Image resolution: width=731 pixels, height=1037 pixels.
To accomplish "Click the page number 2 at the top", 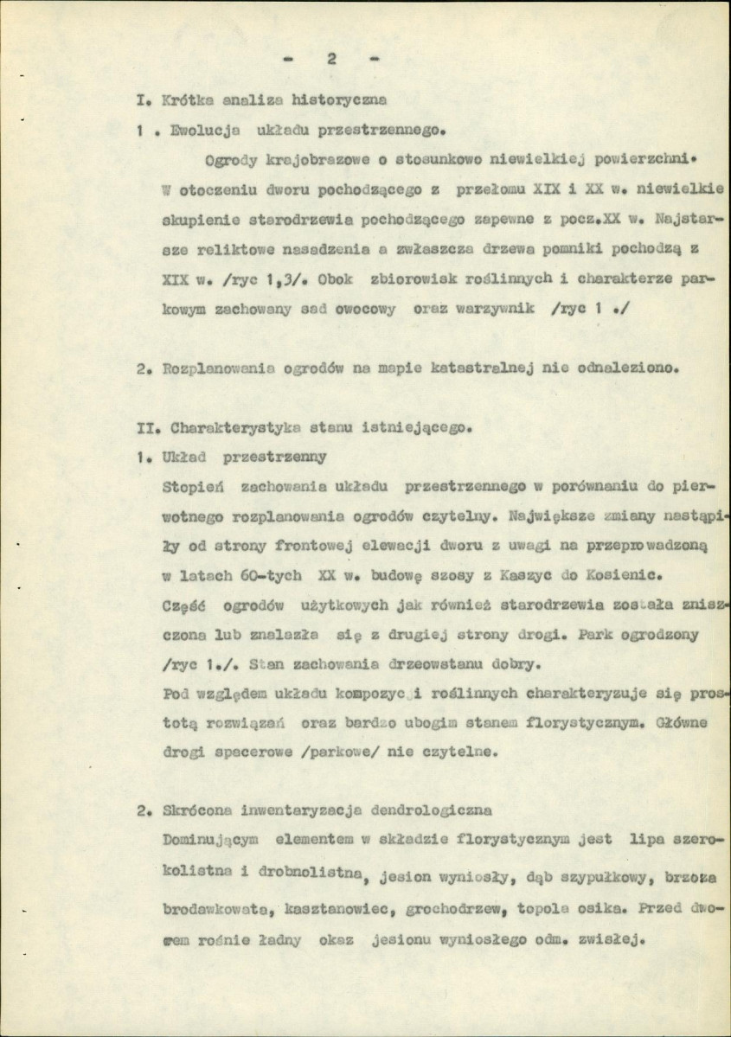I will click(330, 59).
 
